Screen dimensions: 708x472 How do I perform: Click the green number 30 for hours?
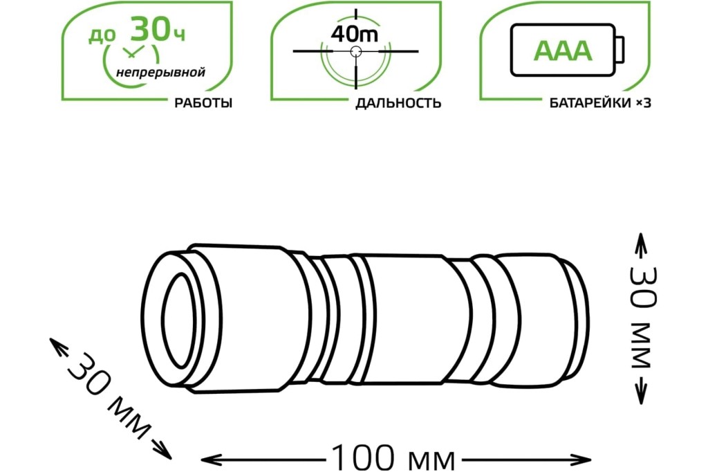coord(147,30)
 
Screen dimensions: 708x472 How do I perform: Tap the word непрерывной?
coord(160,73)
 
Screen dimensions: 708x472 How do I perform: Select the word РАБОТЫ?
coord(203,103)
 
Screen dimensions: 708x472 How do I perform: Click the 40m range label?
coord(354,34)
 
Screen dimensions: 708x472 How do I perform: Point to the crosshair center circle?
coord(356,51)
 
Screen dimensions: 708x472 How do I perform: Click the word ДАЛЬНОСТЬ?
coord(398,103)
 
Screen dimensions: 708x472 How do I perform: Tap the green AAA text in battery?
coord(563,51)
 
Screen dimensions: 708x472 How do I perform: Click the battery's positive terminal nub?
coord(619,51)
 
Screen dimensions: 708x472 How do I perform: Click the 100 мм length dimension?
coord(393,458)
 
